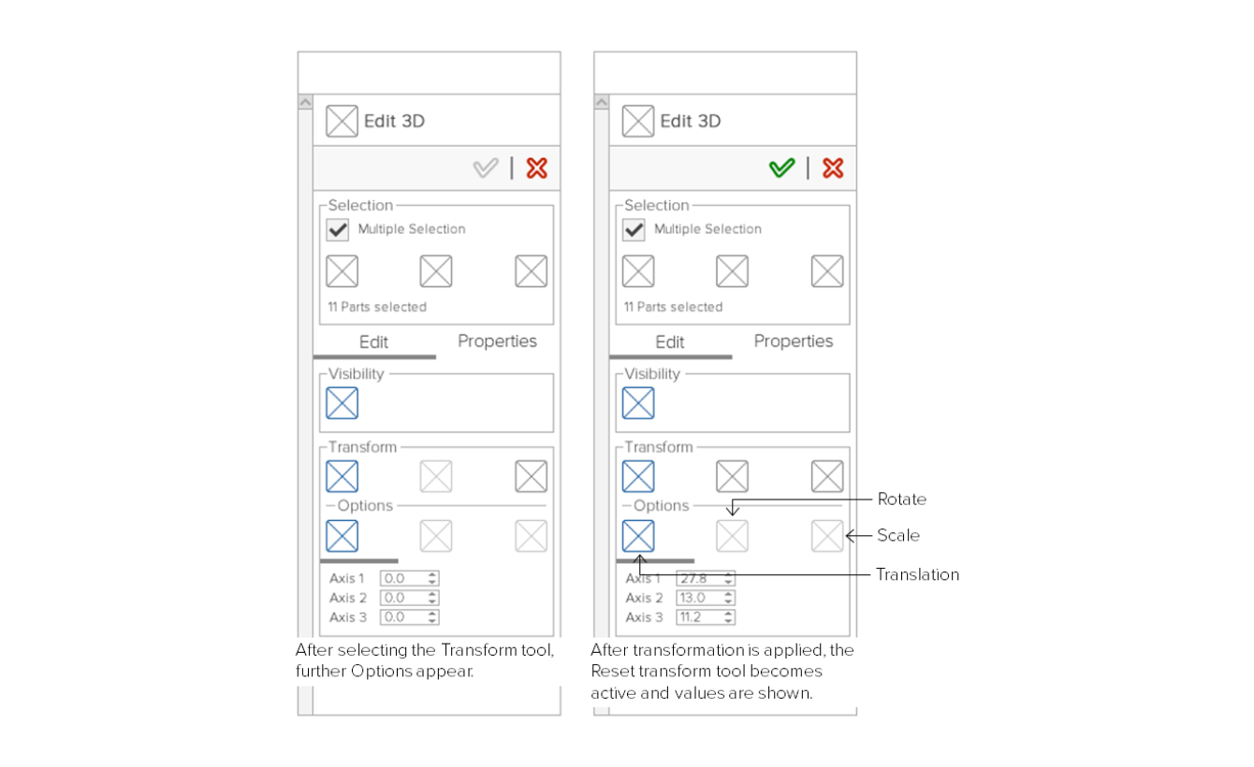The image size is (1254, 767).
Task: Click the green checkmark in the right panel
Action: pos(781,167)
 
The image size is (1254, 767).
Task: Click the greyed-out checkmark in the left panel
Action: pos(486,167)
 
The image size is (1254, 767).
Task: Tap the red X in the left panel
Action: pos(537,167)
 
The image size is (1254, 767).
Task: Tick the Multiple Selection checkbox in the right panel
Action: pos(634,229)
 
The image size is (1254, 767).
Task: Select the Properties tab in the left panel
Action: pos(497,340)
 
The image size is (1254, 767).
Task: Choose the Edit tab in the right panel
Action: pos(669,341)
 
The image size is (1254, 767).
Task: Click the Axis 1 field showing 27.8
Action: pos(705,578)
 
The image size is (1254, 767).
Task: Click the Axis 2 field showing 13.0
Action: pos(705,598)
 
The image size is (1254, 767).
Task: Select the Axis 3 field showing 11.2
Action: pos(705,617)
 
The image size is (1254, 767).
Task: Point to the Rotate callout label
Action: pos(901,499)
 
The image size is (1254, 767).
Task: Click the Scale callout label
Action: pos(898,535)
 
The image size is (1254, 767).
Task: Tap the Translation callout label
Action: pos(917,574)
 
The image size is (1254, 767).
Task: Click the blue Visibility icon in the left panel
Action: pos(343,403)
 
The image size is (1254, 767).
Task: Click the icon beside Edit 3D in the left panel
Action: pos(343,121)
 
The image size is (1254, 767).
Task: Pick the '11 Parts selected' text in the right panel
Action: pos(673,307)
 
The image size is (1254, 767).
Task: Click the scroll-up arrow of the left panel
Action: pos(305,102)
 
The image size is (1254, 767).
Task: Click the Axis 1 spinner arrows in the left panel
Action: pos(432,578)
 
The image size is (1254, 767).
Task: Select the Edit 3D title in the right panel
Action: pos(691,121)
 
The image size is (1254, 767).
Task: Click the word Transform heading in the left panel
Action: pos(362,447)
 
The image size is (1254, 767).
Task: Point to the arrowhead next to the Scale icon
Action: pos(850,536)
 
